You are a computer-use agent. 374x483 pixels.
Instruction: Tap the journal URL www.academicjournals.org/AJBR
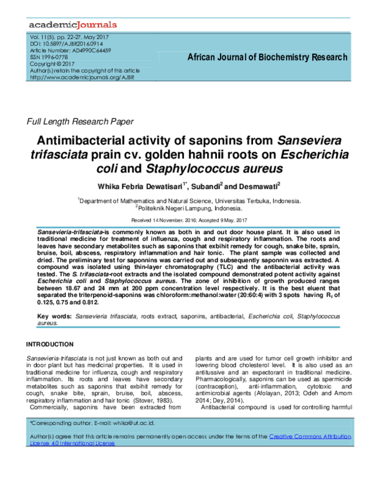[78, 77]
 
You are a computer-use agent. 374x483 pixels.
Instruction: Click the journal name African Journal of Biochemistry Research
[267, 57]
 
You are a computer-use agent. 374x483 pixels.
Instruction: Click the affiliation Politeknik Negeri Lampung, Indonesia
[189, 209]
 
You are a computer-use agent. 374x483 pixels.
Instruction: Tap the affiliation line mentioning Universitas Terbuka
[189, 201]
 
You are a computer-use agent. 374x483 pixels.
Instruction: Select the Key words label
[55, 317]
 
